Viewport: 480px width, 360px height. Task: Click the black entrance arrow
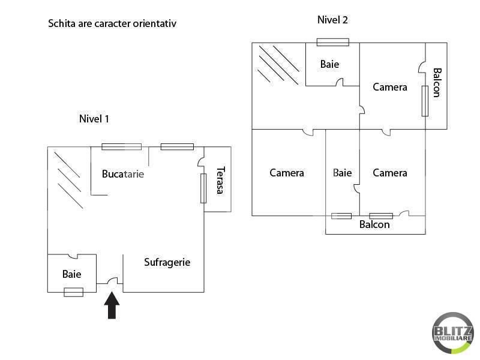pos(112,305)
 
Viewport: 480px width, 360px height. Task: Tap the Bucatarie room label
pos(123,174)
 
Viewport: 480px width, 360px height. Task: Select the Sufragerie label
pos(167,262)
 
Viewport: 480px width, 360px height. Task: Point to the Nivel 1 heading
pos(94,119)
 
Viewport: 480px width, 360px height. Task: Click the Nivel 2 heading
pos(332,20)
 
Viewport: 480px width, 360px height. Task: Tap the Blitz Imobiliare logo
pos(453,333)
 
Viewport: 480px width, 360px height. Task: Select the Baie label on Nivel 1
pos(71,274)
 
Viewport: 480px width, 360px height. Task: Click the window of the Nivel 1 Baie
pos(73,292)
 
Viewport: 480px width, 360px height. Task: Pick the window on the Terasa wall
pos(203,188)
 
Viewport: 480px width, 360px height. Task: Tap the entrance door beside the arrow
pos(112,281)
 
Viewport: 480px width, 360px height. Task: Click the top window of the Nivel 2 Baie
pos(333,42)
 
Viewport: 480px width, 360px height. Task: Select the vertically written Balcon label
pos(437,83)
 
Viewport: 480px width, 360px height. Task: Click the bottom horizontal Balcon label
pos(374,224)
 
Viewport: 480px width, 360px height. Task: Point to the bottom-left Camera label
pos(287,173)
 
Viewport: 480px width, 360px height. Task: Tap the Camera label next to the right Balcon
pos(389,87)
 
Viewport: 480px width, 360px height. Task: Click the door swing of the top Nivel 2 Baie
pos(340,82)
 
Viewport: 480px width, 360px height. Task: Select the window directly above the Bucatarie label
pos(122,147)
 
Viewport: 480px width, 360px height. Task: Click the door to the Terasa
pos(201,162)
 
